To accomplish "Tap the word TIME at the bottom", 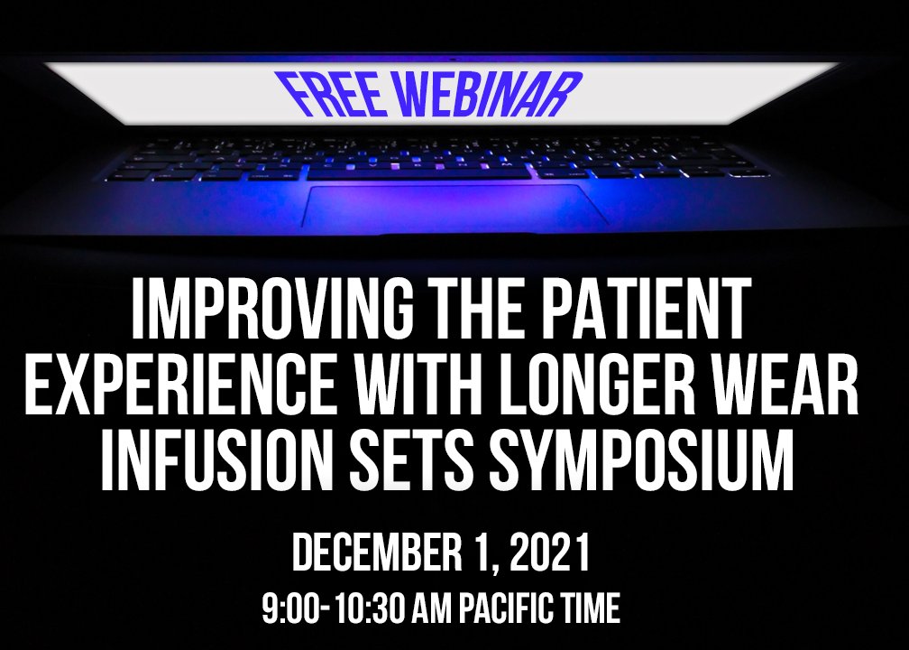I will tap(589, 609).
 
